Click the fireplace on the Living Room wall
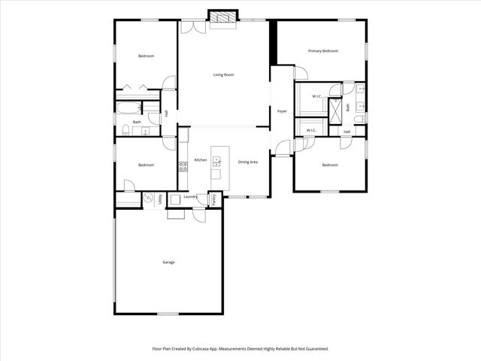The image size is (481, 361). [x=222, y=17]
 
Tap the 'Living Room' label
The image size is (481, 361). [x=223, y=74]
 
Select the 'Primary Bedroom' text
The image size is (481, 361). [x=323, y=51]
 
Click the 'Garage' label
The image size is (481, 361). [x=168, y=262]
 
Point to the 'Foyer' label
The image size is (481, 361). [x=282, y=111]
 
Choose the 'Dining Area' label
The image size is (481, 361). [x=248, y=162]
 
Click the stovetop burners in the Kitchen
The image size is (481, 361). [x=182, y=167]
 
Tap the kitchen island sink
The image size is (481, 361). [x=217, y=159]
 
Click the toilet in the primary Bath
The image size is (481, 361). [x=360, y=120]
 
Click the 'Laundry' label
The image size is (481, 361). [x=190, y=196]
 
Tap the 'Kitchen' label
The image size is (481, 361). [x=201, y=160]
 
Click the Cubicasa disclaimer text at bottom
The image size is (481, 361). [x=240, y=349]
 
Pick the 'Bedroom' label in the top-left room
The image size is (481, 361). [x=146, y=56]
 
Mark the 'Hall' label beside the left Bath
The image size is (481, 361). [x=165, y=113]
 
